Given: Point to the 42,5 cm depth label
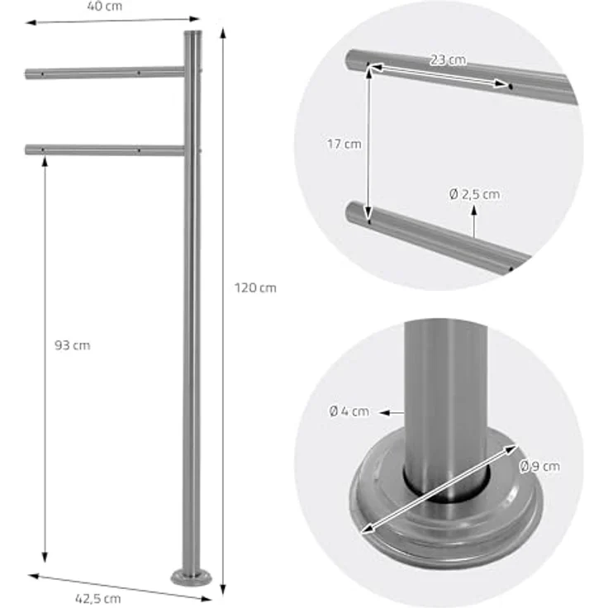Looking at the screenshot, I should click(102, 598).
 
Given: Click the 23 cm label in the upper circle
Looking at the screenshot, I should click(447, 60).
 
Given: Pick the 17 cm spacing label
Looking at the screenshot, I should click(344, 144).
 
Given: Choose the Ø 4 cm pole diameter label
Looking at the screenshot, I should click(349, 411).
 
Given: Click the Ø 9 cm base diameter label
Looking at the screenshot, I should click(540, 467).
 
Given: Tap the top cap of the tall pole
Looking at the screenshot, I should click(192, 34).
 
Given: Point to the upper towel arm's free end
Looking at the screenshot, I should click(30, 74).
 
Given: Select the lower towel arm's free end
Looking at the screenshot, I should click(30, 150).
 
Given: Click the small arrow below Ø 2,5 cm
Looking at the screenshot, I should click(475, 223).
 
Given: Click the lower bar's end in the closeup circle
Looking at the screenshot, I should click(354, 213).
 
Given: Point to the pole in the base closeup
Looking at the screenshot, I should click(446, 397).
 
